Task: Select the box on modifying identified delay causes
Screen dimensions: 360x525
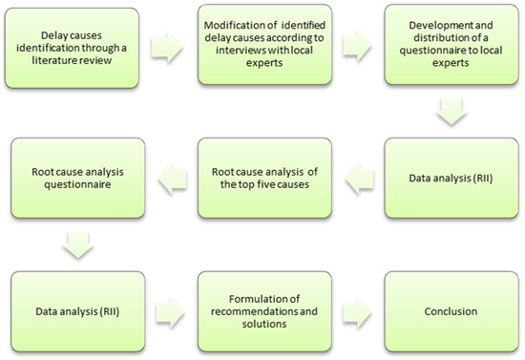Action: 262,47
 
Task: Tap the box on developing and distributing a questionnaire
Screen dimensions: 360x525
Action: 451,47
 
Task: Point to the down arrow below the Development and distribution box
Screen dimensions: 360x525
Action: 452,113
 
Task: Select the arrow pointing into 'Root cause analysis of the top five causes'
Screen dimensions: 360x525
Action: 357,177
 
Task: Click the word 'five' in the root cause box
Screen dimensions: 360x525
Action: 273,185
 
